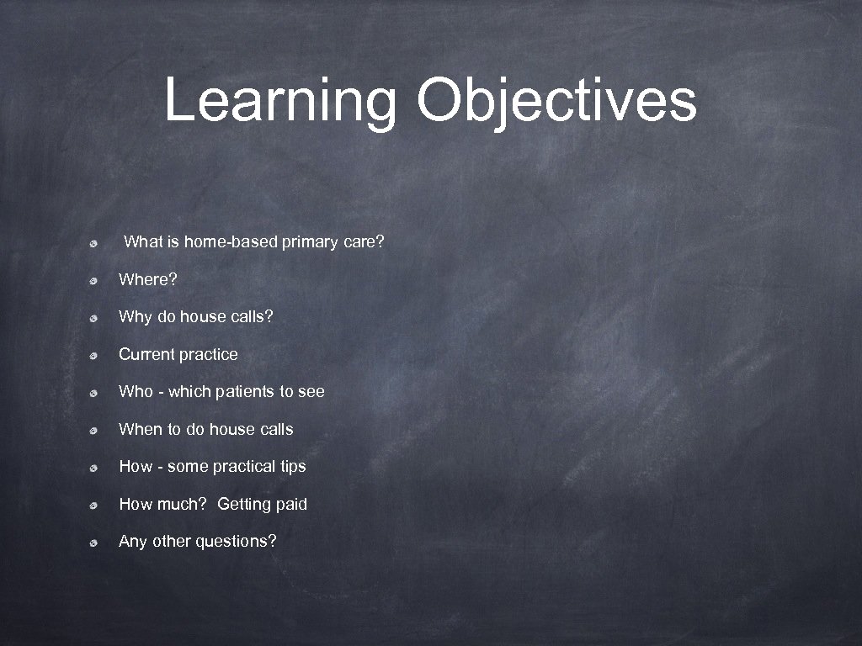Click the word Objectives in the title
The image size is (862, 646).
[556, 101]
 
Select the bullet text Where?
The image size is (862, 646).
[148, 279]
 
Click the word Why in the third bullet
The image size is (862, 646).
[135, 317]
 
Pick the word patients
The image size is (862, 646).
[245, 391]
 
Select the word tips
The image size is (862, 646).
[291, 466]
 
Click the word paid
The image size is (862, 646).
[291, 504]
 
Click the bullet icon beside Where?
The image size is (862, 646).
[97, 280]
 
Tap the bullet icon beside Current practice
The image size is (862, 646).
[97, 355]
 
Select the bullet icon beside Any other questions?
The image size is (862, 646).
[97, 542]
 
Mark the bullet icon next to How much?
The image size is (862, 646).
[97, 505]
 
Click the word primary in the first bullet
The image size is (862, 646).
[310, 242]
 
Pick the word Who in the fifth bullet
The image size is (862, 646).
[136, 391]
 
